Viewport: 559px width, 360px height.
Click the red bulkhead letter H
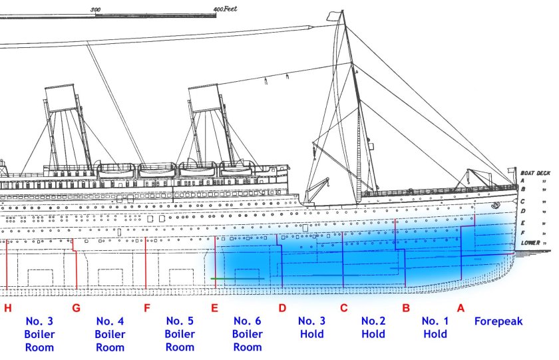(8, 308)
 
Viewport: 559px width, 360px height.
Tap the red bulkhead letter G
(76, 308)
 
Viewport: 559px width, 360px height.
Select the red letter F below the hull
(147, 308)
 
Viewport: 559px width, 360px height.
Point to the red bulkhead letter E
(214, 308)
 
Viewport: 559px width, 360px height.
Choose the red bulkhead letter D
(282, 308)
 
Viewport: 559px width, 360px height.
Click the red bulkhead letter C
(343, 308)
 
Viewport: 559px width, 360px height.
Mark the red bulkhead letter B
(406, 308)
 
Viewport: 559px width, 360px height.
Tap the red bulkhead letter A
(461, 308)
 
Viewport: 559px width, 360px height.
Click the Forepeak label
(498, 321)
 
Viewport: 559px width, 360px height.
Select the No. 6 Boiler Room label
(248, 334)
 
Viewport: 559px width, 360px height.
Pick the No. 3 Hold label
(312, 327)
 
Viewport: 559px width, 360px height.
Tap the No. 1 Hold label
(435, 327)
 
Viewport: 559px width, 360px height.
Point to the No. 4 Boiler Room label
(110, 334)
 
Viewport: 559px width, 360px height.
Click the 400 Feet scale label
(226, 9)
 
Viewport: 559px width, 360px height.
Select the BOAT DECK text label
(536, 173)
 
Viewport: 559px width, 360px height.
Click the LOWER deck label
(530, 243)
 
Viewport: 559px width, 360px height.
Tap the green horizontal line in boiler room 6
(238, 278)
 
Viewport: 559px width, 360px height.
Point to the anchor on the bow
(495, 205)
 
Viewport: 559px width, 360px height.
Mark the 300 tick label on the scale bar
(96, 9)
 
